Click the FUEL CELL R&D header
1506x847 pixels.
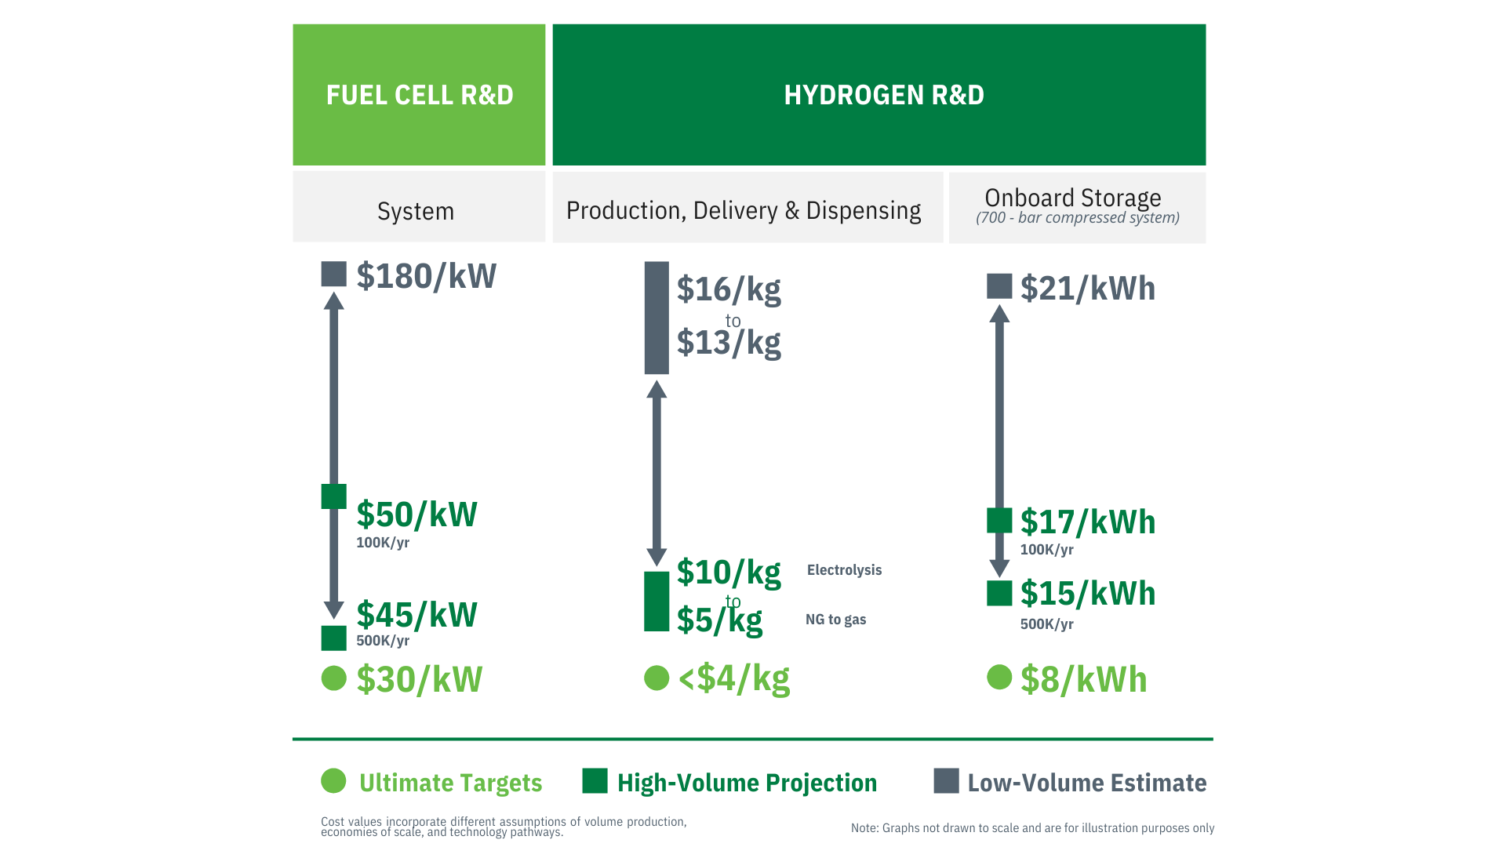click(419, 95)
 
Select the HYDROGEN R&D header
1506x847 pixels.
click(883, 95)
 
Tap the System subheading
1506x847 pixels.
click(415, 211)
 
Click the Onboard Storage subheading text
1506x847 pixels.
click(1072, 198)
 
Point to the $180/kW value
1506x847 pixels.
click(426, 276)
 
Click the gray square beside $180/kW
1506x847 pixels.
click(333, 274)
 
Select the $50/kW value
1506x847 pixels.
click(417, 514)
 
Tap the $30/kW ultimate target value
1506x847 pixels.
click(419, 679)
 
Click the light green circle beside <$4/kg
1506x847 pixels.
click(657, 678)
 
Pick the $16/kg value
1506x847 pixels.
click(729, 289)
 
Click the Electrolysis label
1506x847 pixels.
click(844, 570)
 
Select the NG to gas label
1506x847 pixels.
click(835, 620)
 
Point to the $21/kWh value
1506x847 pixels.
click(1087, 289)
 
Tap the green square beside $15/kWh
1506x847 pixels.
click(999, 593)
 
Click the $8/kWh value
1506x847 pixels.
click(1083, 679)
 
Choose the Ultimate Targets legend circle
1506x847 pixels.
click(333, 780)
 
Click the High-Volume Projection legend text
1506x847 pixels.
click(747, 783)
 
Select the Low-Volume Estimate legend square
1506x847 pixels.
click(946, 781)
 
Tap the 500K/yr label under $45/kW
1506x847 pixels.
click(383, 641)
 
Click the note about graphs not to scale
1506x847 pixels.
click(1032, 828)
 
